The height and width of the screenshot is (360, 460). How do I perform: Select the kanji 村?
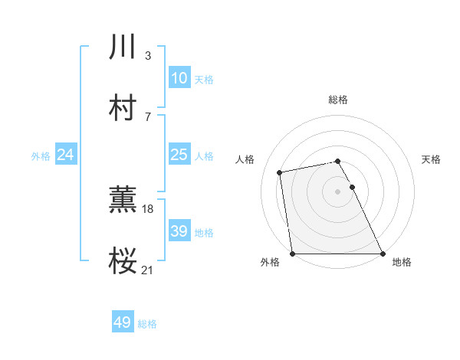123,108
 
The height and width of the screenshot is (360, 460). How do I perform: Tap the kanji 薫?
123,201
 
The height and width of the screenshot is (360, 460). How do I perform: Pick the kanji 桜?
123,261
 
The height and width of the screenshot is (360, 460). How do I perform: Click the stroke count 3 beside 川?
147,56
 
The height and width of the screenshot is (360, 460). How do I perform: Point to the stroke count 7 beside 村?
147,116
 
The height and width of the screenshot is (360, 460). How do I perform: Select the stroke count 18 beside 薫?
148,208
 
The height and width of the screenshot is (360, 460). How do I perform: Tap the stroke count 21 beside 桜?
148,270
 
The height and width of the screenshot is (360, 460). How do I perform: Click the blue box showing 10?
179,78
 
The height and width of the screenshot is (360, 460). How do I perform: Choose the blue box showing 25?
179,155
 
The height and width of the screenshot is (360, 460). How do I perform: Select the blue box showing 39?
179,231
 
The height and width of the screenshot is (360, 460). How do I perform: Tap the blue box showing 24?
65,155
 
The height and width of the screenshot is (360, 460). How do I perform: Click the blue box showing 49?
123,322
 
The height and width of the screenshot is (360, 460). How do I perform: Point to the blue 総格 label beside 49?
148,324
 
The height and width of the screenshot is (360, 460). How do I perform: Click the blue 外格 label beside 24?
41,156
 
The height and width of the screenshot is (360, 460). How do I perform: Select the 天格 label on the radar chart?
432,159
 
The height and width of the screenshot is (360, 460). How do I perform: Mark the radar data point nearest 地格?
383,253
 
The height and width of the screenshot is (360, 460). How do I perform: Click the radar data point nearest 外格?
293,253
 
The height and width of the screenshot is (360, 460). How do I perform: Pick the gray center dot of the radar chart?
338,191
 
